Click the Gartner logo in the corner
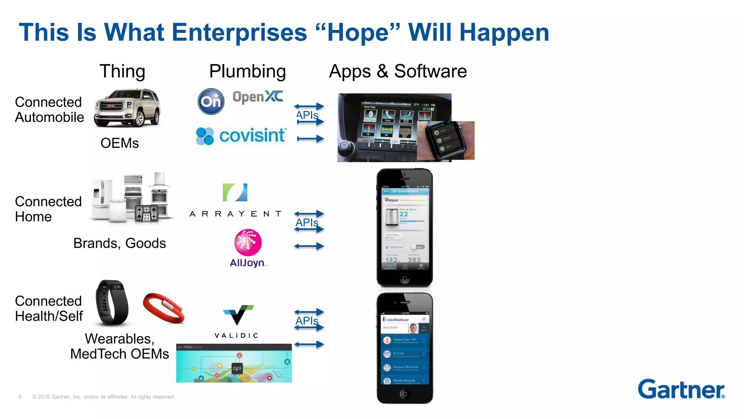point(681,390)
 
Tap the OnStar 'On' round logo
point(211,101)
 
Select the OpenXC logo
point(258,97)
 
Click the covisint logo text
point(252,136)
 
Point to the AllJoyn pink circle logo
point(248,242)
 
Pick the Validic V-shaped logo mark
point(238,315)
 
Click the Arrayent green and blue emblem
point(235,192)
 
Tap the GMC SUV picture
point(127,108)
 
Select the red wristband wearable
point(163,308)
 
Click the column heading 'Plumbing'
point(247,71)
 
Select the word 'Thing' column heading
point(122,71)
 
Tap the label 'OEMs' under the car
point(120,143)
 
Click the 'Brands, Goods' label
point(120,243)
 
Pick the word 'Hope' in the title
point(358,33)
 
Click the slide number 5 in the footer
point(20,397)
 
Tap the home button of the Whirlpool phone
point(404,279)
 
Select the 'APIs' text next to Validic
point(307,321)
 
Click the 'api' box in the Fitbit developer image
point(237,368)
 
